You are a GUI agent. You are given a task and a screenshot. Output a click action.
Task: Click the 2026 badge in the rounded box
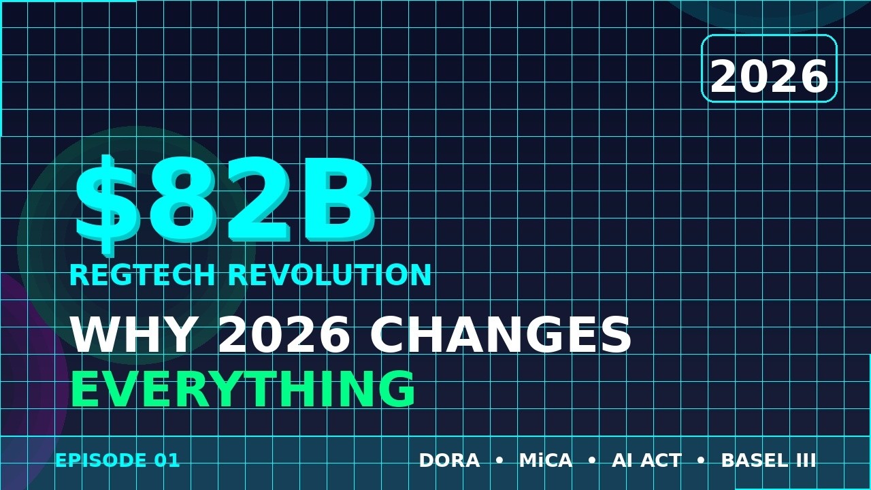(769, 76)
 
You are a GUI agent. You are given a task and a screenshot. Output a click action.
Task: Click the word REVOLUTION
(329, 276)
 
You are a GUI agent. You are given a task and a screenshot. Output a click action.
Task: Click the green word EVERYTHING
(242, 390)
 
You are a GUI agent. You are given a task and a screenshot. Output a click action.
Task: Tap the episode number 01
(167, 461)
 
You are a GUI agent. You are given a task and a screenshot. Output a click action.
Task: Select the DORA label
(449, 461)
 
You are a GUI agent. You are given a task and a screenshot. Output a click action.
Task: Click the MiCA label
(546, 461)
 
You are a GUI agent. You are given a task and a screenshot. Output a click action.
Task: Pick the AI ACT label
(646, 461)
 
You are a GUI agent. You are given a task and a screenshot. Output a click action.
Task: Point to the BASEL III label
(768, 461)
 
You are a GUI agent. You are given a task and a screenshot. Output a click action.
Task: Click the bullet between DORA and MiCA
(499, 461)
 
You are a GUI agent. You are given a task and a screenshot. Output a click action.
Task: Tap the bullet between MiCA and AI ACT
(592, 461)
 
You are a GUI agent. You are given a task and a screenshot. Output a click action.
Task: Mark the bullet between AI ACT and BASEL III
(701, 461)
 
